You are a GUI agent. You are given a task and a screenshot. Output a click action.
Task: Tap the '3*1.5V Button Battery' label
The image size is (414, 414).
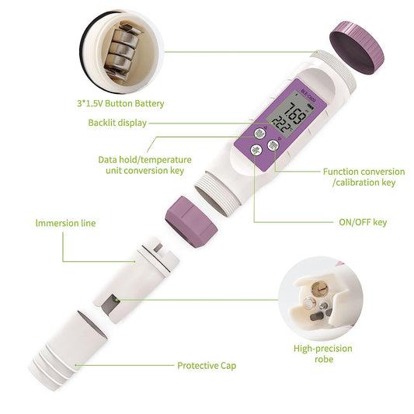120,103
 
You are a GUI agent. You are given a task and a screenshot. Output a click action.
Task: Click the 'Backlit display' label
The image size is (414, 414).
117,123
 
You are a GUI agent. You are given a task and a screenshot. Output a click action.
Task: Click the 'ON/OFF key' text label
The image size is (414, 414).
363,222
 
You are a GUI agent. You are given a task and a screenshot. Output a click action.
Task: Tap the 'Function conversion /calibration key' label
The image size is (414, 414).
364,177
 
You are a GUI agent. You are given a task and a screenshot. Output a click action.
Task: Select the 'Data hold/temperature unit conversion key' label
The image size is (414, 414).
144,165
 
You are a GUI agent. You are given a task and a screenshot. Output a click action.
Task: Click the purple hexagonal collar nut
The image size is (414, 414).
191,222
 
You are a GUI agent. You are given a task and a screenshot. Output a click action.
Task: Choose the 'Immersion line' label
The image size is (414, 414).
65,223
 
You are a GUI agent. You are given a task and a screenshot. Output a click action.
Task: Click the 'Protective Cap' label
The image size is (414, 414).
207,366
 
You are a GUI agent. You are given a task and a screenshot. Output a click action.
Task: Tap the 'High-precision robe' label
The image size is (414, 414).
323,353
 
